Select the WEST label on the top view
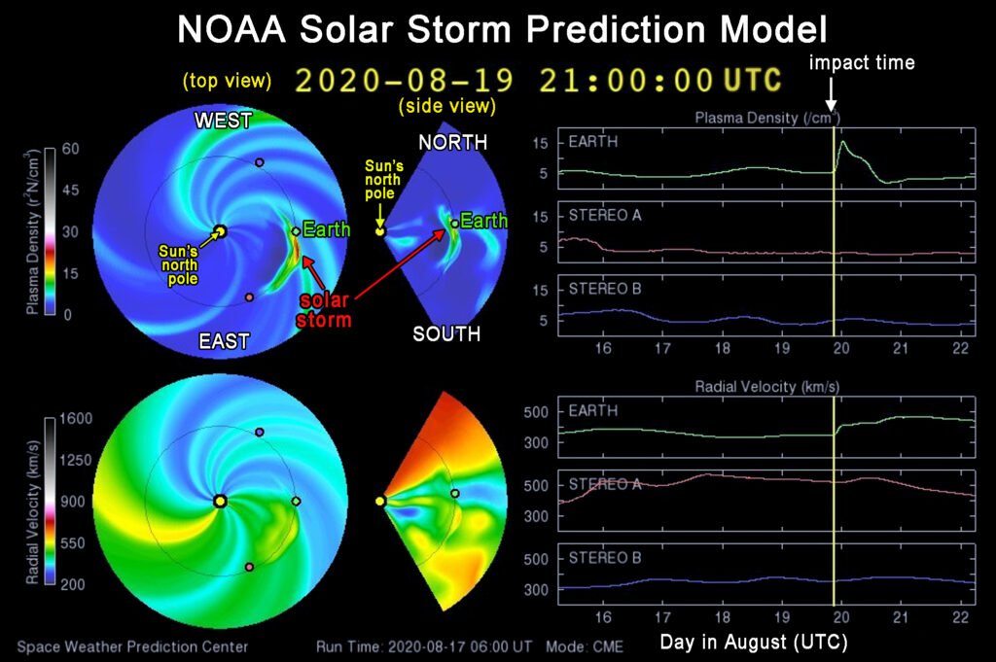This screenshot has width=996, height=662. pos(223,121)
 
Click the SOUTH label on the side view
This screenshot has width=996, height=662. pos(446,334)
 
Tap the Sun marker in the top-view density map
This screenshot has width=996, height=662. pos(220,231)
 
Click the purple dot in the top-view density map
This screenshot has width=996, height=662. pos(259,162)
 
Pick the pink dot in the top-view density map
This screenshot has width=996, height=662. pos(249,297)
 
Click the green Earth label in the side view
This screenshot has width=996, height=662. pos(483,222)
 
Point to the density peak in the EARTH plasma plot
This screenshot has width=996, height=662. pos(842,143)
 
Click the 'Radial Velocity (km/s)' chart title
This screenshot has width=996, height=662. pos(767,386)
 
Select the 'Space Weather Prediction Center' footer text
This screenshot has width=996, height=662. pos(131,646)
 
